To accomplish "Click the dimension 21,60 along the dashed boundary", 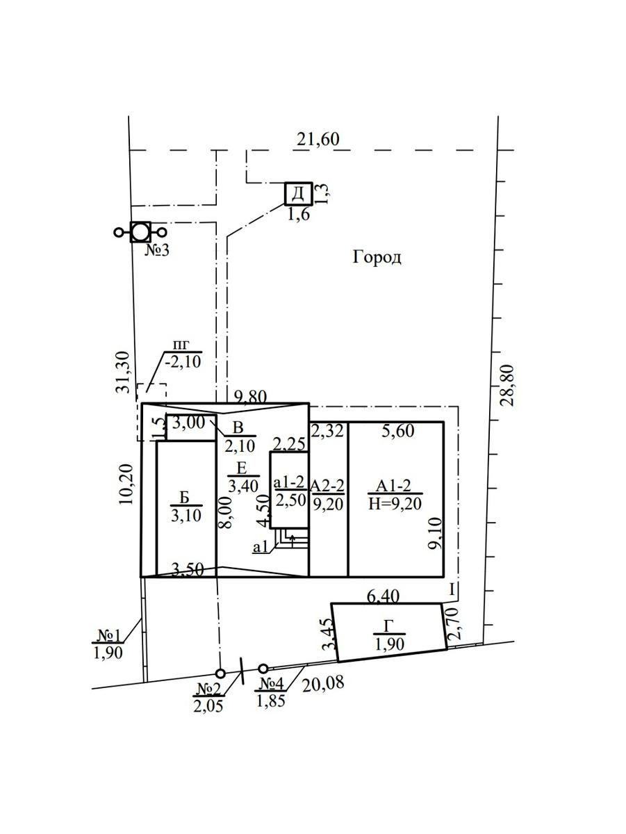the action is pyautogui.click(x=318, y=140).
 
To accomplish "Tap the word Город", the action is pyautogui.click(x=377, y=258).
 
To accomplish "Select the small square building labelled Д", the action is pyautogui.click(x=299, y=194).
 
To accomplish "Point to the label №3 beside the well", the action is pyautogui.click(x=157, y=250).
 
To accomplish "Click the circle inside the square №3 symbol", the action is pyautogui.click(x=140, y=232).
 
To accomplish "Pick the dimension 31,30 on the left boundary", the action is pyautogui.click(x=123, y=373).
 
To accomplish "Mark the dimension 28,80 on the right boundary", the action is pyautogui.click(x=508, y=386).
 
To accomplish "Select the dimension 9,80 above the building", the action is pyautogui.click(x=251, y=397).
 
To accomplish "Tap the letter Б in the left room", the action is pyautogui.click(x=185, y=498).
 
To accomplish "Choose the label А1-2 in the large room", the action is pyautogui.click(x=393, y=486).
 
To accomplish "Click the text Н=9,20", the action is pyautogui.click(x=395, y=504).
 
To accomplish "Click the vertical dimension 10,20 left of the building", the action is pyautogui.click(x=126, y=484).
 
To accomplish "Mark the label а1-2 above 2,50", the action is pyautogui.click(x=290, y=482).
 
